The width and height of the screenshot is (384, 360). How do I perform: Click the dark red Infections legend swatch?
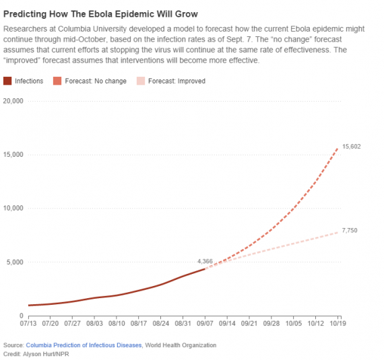click(x=8, y=81)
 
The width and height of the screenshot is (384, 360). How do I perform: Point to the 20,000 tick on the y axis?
click(x=13, y=101)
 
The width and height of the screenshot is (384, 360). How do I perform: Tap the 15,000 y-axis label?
click(x=13, y=155)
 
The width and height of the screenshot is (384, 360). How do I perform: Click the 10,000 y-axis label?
click(x=13, y=209)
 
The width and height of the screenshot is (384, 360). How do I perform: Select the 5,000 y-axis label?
click(x=15, y=262)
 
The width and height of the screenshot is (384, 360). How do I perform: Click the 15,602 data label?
click(x=352, y=146)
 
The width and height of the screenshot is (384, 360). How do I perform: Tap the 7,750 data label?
click(x=350, y=231)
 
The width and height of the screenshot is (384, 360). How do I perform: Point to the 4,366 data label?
click(x=205, y=261)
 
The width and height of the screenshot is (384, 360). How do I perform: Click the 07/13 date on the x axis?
click(x=29, y=323)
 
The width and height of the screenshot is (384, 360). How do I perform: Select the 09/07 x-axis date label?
click(x=205, y=323)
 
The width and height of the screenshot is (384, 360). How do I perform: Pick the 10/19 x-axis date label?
click(x=338, y=323)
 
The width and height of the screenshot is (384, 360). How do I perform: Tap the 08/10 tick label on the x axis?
click(x=117, y=323)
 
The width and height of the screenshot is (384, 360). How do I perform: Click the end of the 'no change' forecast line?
click(x=338, y=148)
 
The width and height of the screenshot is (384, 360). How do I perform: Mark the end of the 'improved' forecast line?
click(x=338, y=232)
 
